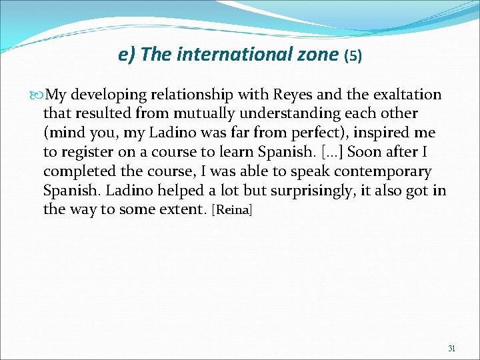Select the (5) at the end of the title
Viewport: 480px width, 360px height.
click(x=353, y=56)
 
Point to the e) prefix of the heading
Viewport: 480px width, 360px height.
click(x=127, y=55)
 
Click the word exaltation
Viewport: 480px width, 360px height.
click(x=405, y=95)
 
